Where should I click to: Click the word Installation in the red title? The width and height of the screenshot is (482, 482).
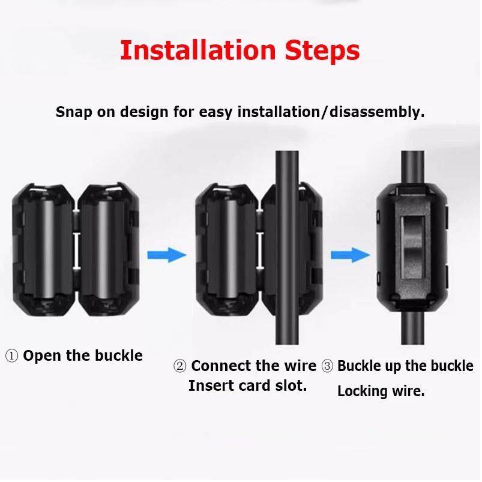pos(198,50)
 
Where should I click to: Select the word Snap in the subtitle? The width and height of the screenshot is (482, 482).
pos(74,112)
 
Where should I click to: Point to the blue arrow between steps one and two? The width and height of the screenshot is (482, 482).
pos(167,255)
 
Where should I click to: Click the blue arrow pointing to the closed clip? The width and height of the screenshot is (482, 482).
pos(351,255)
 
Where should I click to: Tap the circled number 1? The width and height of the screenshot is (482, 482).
pos(11,356)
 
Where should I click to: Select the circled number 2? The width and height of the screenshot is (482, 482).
pos(180,366)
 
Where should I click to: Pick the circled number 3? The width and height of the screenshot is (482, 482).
pos(327,366)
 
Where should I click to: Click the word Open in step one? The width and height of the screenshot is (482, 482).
pos(43,357)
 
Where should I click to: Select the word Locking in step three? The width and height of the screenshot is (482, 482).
pos(362,391)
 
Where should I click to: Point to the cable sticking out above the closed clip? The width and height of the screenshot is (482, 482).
pos(412,167)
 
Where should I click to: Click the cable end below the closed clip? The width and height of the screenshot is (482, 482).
pos(412,328)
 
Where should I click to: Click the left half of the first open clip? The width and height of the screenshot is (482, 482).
pos(43,250)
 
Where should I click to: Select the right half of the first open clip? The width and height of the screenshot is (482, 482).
pos(109,250)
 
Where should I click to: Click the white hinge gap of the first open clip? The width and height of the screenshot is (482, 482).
pos(77,250)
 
